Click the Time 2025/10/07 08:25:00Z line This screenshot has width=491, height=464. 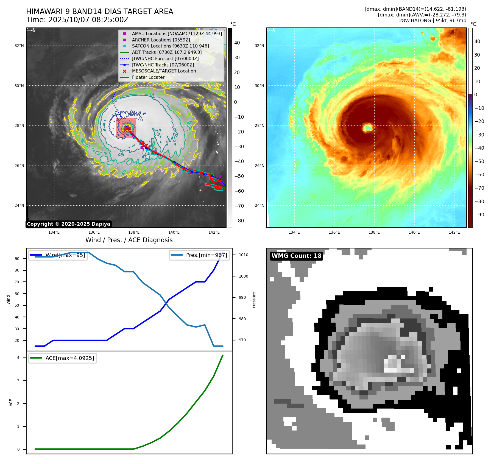[x=77, y=20]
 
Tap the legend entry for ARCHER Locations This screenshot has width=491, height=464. [x=161, y=40]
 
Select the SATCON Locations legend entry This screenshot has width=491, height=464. [x=170, y=46]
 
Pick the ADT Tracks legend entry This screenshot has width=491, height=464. [x=167, y=52]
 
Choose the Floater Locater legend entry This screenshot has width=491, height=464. [x=148, y=77]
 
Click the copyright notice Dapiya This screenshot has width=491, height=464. [x=68, y=224]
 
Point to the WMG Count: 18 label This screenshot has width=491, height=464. [x=296, y=256]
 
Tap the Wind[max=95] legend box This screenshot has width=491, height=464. [x=58, y=255]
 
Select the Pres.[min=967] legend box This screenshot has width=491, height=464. [x=199, y=255]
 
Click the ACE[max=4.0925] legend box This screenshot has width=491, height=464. [x=63, y=358]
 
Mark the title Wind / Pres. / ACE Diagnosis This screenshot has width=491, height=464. [x=129, y=240]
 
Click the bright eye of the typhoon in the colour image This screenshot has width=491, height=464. [x=368, y=128]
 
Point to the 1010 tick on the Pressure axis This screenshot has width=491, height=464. [x=243, y=255]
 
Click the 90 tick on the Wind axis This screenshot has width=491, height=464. [x=17, y=259]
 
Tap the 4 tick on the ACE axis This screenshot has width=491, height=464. [x=18, y=358]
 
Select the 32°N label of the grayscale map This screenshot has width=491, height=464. [x=19, y=46]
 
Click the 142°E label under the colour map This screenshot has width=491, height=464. [x=454, y=233]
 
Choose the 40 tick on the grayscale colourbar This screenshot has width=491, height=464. [x=237, y=43]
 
